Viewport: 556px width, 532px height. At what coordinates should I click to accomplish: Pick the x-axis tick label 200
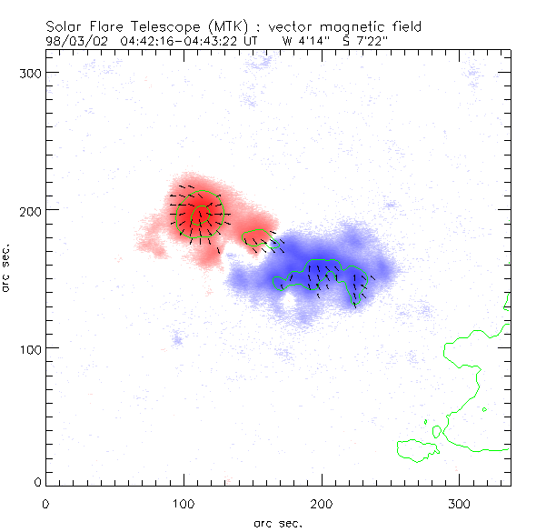[322, 503]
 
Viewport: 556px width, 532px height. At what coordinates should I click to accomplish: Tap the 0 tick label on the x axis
[45, 503]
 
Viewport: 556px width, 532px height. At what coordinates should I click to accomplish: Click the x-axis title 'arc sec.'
[277, 523]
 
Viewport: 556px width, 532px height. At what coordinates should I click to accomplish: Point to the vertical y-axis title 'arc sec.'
[8, 268]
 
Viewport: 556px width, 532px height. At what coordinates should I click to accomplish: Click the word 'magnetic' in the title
[347, 27]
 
